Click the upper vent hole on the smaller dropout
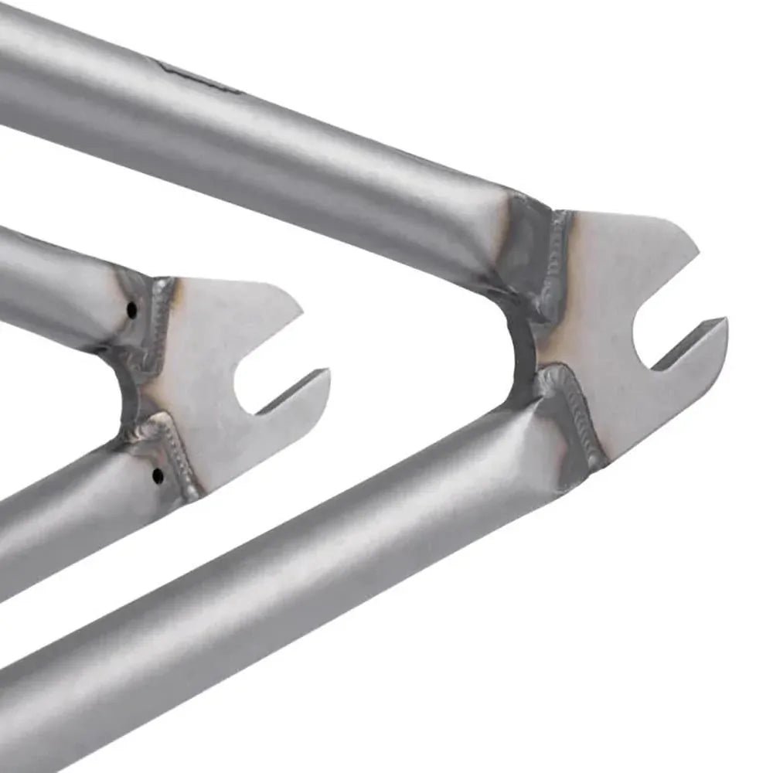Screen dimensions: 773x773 pos(131,310)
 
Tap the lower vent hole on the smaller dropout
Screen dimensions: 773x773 pos(158,475)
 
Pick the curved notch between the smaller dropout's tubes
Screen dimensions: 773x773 pos(128,394)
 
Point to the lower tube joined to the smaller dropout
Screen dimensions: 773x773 pos(62,526)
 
